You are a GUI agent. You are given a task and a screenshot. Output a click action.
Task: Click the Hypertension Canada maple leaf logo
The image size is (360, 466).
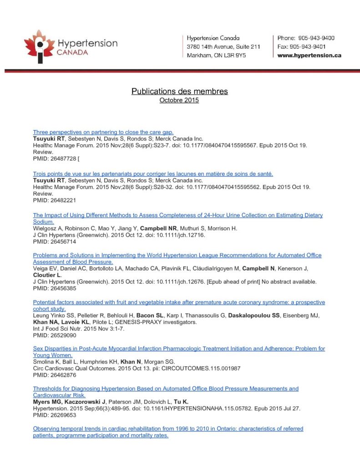tap(38, 46)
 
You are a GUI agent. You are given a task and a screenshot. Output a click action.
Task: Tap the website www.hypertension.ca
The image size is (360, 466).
tap(309, 56)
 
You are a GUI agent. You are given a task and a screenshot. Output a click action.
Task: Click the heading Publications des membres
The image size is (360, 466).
tap(180, 91)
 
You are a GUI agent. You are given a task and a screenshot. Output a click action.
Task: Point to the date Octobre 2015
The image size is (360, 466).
tap(179, 100)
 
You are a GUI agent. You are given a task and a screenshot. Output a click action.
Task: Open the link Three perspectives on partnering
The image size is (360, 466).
tap(103, 132)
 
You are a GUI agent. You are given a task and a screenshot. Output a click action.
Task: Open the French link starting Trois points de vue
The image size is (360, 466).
tap(153, 174)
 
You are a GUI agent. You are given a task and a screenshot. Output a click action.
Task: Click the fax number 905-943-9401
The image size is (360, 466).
tap(314, 47)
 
